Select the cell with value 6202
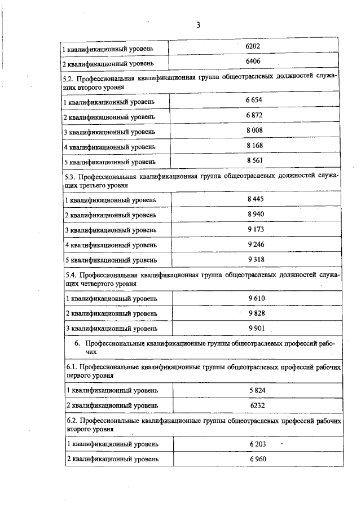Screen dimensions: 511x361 [253, 46]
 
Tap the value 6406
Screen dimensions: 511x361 [253, 60]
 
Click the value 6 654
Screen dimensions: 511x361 [254, 100]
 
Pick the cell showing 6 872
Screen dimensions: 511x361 [254, 115]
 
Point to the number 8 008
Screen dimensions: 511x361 [255, 130]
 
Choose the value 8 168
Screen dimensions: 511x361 [255, 145]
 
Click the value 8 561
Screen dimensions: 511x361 [255, 160]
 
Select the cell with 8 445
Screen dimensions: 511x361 [256, 199]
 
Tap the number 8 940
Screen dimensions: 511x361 [256, 215]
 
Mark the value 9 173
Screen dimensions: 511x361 [256, 229]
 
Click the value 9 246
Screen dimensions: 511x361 [256, 244]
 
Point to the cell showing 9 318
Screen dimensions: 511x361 [256, 259]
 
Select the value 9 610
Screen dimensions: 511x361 [256, 298]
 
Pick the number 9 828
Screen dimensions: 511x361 [257, 313]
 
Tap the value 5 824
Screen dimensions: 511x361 [257, 390]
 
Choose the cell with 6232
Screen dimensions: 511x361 [257, 405]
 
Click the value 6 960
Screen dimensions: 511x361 [257, 458]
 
